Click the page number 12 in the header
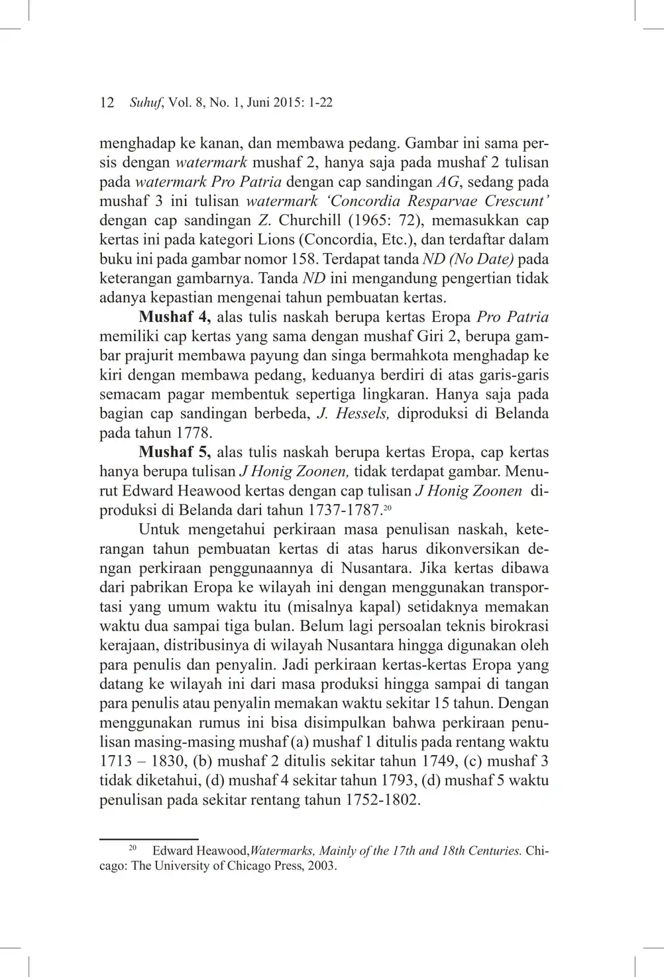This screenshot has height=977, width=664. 107,103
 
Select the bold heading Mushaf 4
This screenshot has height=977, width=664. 174,317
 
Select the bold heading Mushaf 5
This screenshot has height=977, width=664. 174,452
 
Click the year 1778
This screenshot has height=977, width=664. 194,434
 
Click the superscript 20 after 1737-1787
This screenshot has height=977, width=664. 388,507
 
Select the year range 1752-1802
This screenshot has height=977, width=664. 382,799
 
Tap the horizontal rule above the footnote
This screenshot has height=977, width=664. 149,839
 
